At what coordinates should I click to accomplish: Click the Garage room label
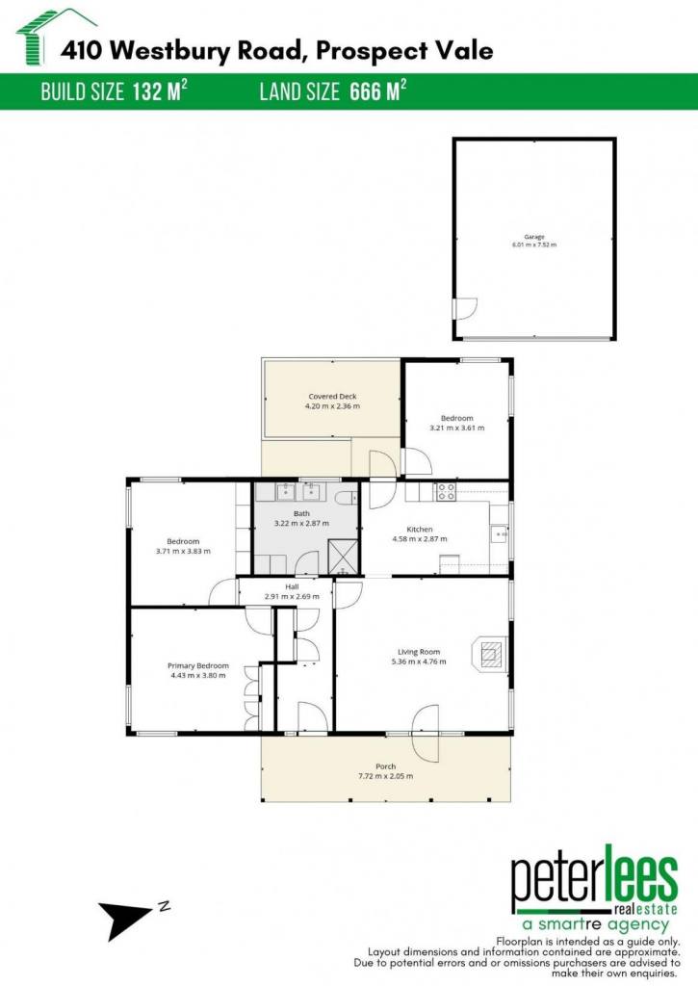(534, 237)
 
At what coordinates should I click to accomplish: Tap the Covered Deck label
(333, 397)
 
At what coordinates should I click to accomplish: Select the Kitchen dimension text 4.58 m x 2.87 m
(420, 539)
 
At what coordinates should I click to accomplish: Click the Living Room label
(419, 652)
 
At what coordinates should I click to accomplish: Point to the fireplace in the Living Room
(489, 655)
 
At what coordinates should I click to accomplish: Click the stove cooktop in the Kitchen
(446, 491)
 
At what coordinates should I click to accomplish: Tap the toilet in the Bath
(346, 498)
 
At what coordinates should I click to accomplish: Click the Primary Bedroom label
(198, 666)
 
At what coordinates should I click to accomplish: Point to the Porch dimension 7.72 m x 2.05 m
(385, 776)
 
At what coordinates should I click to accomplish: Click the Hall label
(292, 586)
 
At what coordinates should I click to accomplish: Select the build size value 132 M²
(160, 91)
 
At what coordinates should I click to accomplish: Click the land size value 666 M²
(378, 91)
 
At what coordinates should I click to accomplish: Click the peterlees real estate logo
(595, 889)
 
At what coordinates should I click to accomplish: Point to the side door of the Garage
(464, 308)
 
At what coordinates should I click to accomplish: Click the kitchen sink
(500, 533)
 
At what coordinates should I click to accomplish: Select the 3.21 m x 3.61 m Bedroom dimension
(457, 428)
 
